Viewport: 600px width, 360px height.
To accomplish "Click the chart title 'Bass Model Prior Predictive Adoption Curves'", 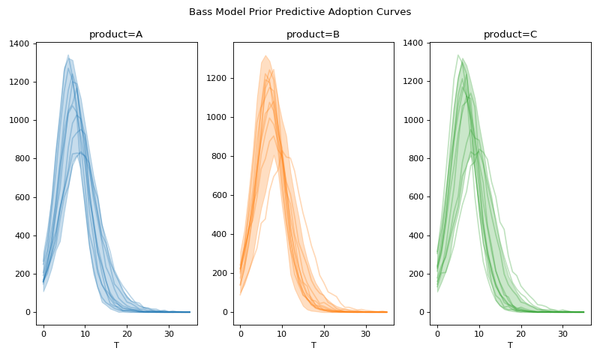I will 300,12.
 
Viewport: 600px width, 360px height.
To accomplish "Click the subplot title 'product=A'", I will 115,34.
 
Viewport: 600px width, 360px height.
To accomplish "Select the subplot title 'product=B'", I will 313,34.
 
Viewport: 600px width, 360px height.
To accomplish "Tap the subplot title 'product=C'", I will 510,34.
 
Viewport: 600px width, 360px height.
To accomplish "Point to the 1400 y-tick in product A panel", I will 20,43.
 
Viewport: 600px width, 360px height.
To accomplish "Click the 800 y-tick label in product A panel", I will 22,159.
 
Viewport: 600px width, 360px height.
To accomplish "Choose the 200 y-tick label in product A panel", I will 22,274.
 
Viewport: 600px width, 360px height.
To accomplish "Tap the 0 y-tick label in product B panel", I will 226,312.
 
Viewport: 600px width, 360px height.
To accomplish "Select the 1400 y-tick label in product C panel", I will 414,43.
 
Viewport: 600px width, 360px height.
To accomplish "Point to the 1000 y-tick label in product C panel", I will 414,120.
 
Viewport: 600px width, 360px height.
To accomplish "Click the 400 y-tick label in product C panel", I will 416,235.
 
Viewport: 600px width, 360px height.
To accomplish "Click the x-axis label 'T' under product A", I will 116,345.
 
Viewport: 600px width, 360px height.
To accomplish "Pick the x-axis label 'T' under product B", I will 313,345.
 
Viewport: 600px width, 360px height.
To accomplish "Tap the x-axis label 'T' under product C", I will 510,345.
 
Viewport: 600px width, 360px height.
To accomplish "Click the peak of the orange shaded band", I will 265,55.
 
